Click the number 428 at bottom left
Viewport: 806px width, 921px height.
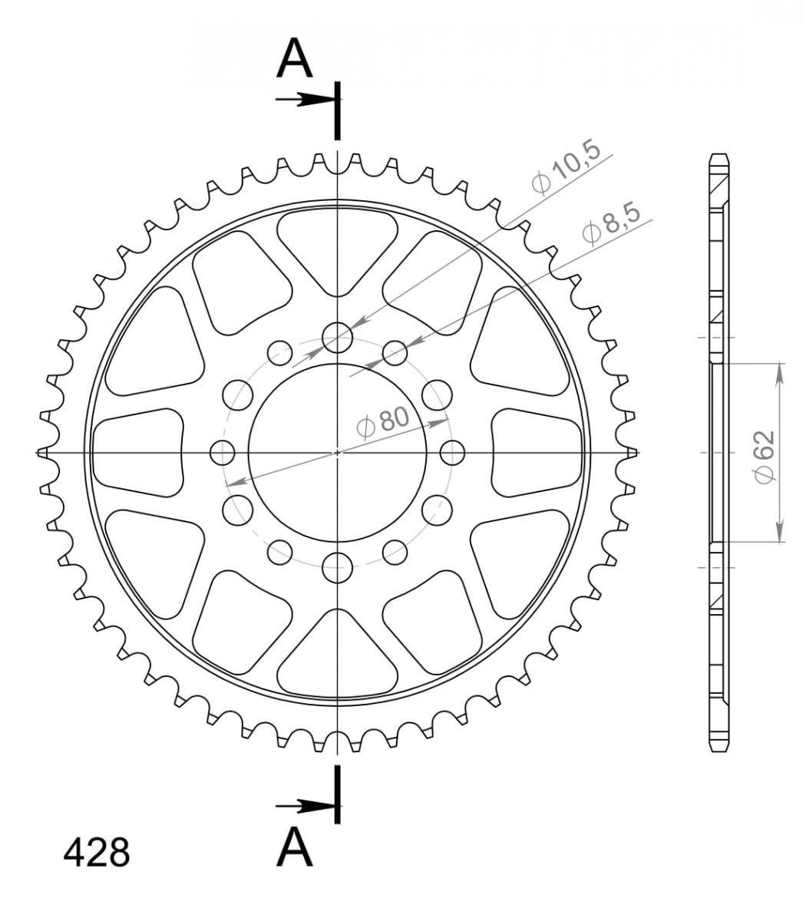(97, 853)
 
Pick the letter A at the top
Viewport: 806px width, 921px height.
(295, 59)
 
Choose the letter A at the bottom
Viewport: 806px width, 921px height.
(295, 847)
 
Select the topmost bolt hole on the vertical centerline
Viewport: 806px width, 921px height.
(337, 336)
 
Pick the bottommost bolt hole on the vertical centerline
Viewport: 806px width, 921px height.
(337, 569)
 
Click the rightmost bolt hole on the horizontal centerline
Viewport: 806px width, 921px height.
(453, 453)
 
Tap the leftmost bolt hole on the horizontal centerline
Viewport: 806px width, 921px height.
(222, 453)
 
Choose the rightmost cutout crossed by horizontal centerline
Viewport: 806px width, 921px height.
(535, 453)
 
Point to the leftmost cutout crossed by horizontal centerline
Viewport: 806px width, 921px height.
(138, 453)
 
